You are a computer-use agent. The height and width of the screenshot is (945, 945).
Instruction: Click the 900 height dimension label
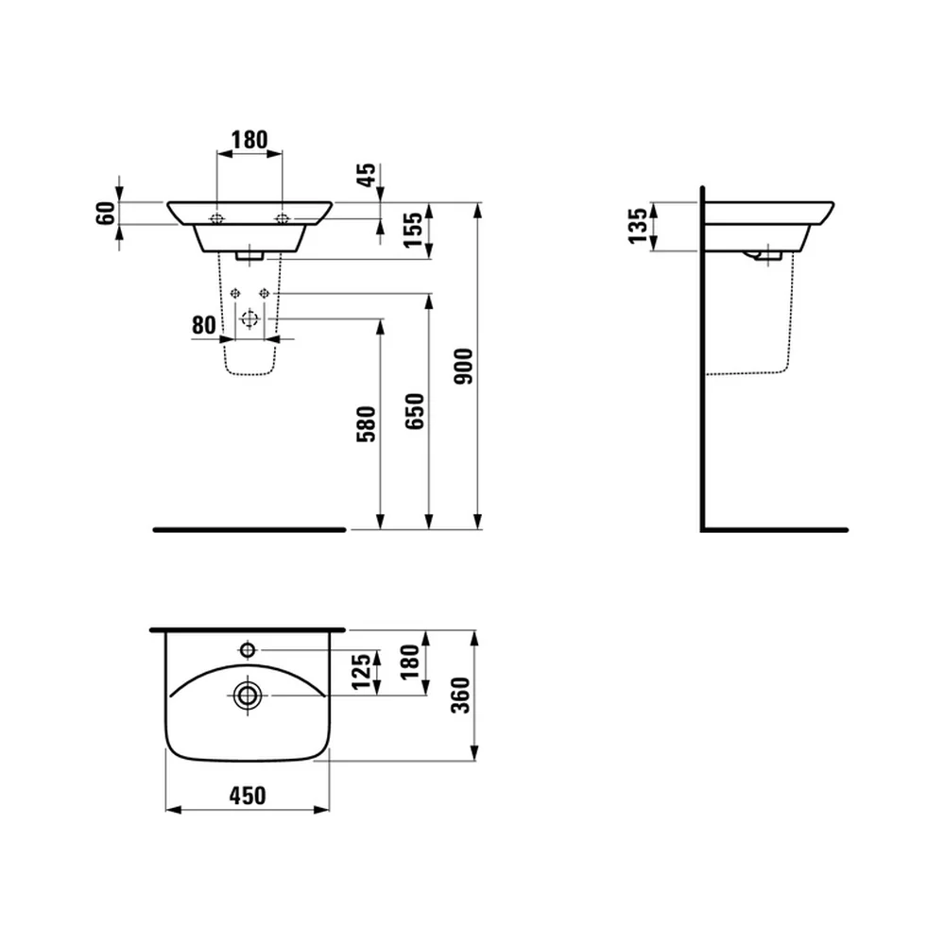pyautogui.click(x=464, y=366)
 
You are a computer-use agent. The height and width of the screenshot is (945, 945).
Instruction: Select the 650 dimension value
pyautogui.click(x=415, y=411)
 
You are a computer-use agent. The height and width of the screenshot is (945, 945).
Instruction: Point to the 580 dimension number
pyautogui.click(x=366, y=424)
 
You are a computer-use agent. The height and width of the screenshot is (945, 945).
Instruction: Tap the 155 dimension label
pyautogui.click(x=414, y=230)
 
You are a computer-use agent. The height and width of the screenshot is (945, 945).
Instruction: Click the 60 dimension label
pyautogui.click(x=106, y=214)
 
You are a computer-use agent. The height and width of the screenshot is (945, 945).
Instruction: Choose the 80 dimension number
pyautogui.click(x=204, y=325)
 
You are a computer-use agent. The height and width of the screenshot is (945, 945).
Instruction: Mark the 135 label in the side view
pyautogui.click(x=638, y=226)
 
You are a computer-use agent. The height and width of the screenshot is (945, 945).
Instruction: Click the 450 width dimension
pyautogui.click(x=248, y=796)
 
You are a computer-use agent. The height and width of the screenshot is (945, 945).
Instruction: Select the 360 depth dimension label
pyautogui.click(x=461, y=696)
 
